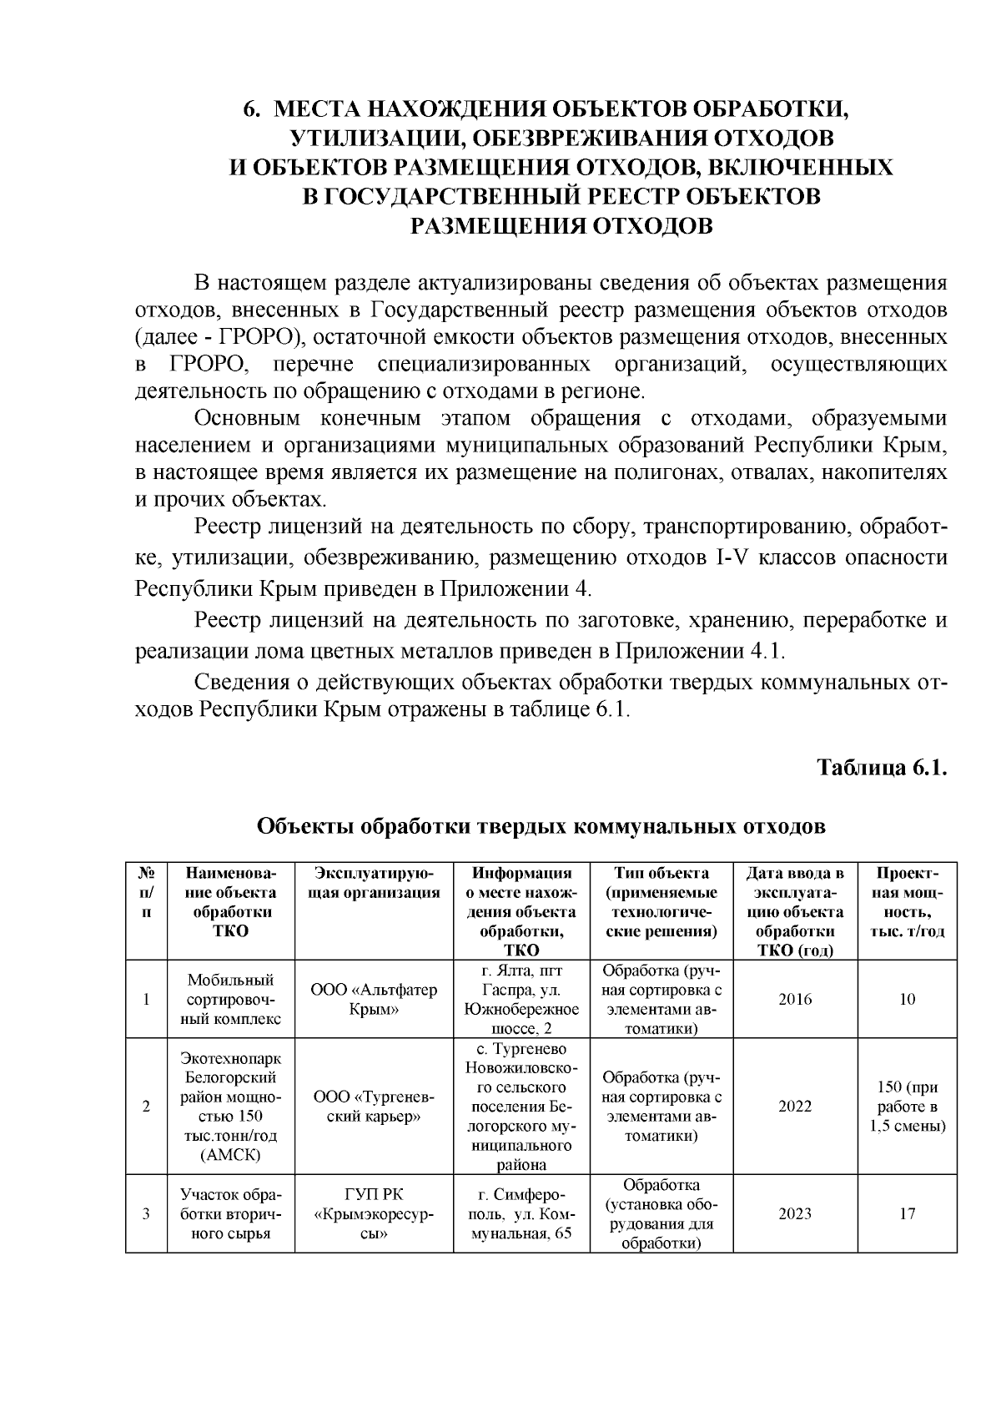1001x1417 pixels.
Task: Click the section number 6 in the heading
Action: click(248, 109)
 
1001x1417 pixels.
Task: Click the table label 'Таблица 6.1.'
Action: click(882, 767)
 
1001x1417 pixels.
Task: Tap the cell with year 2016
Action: click(794, 999)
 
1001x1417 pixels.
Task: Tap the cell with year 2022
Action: click(794, 1107)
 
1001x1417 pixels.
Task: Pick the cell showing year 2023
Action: click(794, 1213)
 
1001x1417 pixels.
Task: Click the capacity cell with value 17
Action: click(907, 1213)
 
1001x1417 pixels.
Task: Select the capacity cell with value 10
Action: click(907, 999)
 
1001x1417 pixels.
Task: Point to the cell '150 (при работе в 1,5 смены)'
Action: click(907, 1107)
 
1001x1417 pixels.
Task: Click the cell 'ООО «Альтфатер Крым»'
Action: click(374, 999)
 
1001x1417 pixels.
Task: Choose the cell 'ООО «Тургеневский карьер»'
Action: click(374, 1107)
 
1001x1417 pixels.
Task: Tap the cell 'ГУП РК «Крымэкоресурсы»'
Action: click(374, 1213)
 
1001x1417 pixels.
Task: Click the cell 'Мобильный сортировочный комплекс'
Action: click(230, 999)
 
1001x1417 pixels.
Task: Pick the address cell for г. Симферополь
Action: click(521, 1213)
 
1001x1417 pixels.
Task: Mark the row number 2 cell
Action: click(146, 1107)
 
